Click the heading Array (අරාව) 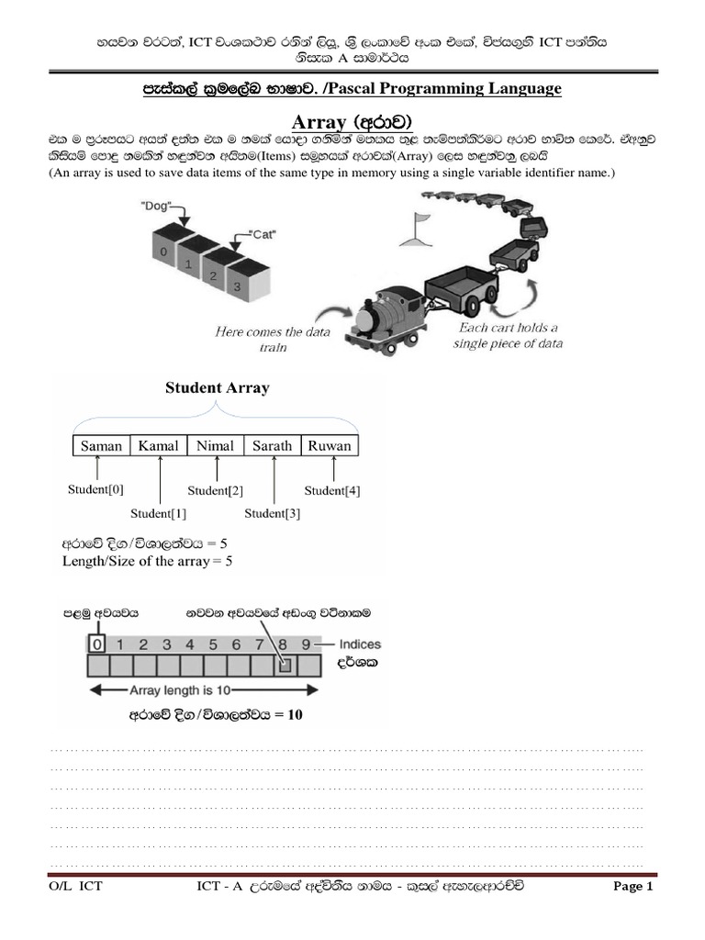[x=352, y=121]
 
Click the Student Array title [x=217, y=387]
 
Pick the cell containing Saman [x=101, y=446]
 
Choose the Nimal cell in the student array [x=216, y=446]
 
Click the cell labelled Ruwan [x=330, y=446]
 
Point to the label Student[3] [x=274, y=513]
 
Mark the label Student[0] [x=95, y=489]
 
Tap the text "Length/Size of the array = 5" [x=147, y=560]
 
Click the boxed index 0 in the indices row [x=98, y=643]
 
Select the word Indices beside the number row [x=360, y=644]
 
